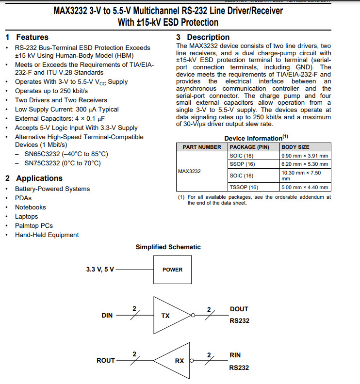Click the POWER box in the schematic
[x=172, y=270]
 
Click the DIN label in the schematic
[x=107, y=315]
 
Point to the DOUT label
[x=239, y=309]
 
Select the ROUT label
[x=106, y=360]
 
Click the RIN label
[x=235, y=355]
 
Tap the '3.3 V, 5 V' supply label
[x=100, y=270]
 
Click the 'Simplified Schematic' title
[x=168, y=247]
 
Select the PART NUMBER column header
[x=201, y=147]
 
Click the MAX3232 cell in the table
[x=189, y=171]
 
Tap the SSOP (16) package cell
[x=242, y=164]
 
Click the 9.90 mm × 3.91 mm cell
[x=305, y=156]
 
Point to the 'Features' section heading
[x=32, y=37]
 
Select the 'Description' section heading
[x=208, y=37]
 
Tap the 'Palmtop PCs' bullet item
[x=34, y=225]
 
